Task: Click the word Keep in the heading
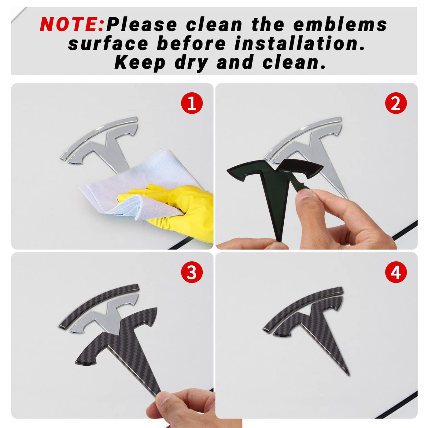(140, 63)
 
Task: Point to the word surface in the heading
(108, 43)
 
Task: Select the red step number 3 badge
(192, 272)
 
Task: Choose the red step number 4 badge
(396, 272)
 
